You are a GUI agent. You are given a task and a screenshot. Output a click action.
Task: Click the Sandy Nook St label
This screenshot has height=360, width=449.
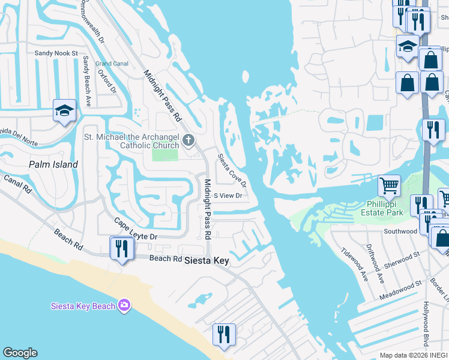pos(56,53)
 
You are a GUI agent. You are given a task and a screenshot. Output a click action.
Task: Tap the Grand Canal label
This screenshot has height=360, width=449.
pos(112,64)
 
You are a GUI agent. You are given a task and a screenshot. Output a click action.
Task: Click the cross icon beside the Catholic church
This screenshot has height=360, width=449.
pos(188,140)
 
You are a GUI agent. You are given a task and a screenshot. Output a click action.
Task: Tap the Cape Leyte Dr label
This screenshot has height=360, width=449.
pos(136,229)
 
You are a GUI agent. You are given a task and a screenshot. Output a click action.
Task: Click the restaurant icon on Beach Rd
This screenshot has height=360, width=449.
pos(122,247)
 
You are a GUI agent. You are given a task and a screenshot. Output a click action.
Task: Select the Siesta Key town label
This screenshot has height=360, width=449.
pos(206,260)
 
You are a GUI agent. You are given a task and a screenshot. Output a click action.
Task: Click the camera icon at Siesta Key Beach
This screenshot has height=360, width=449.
pos(124,306)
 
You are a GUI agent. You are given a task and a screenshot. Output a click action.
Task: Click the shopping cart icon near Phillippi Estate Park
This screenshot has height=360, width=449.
pos(389,185)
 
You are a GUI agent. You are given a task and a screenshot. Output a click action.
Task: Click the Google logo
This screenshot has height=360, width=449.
pos(20,353)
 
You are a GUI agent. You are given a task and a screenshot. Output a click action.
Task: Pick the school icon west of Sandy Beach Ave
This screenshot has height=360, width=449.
pos(64,110)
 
